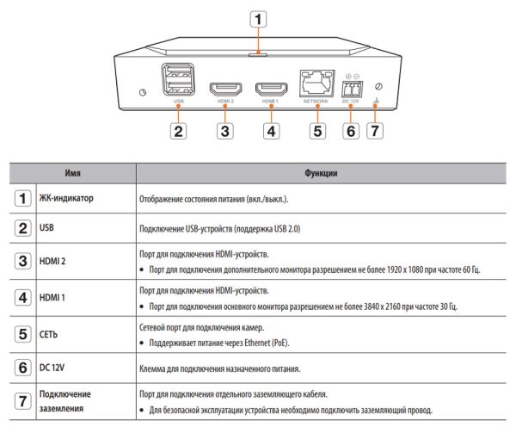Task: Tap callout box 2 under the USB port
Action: pyautogui.click(x=178, y=132)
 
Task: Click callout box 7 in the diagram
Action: pyautogui.click(x=374, y=132)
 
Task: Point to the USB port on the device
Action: pyautogui.click(x=178, y=83)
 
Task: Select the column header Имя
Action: pyautogui.click(x=73, y=174)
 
